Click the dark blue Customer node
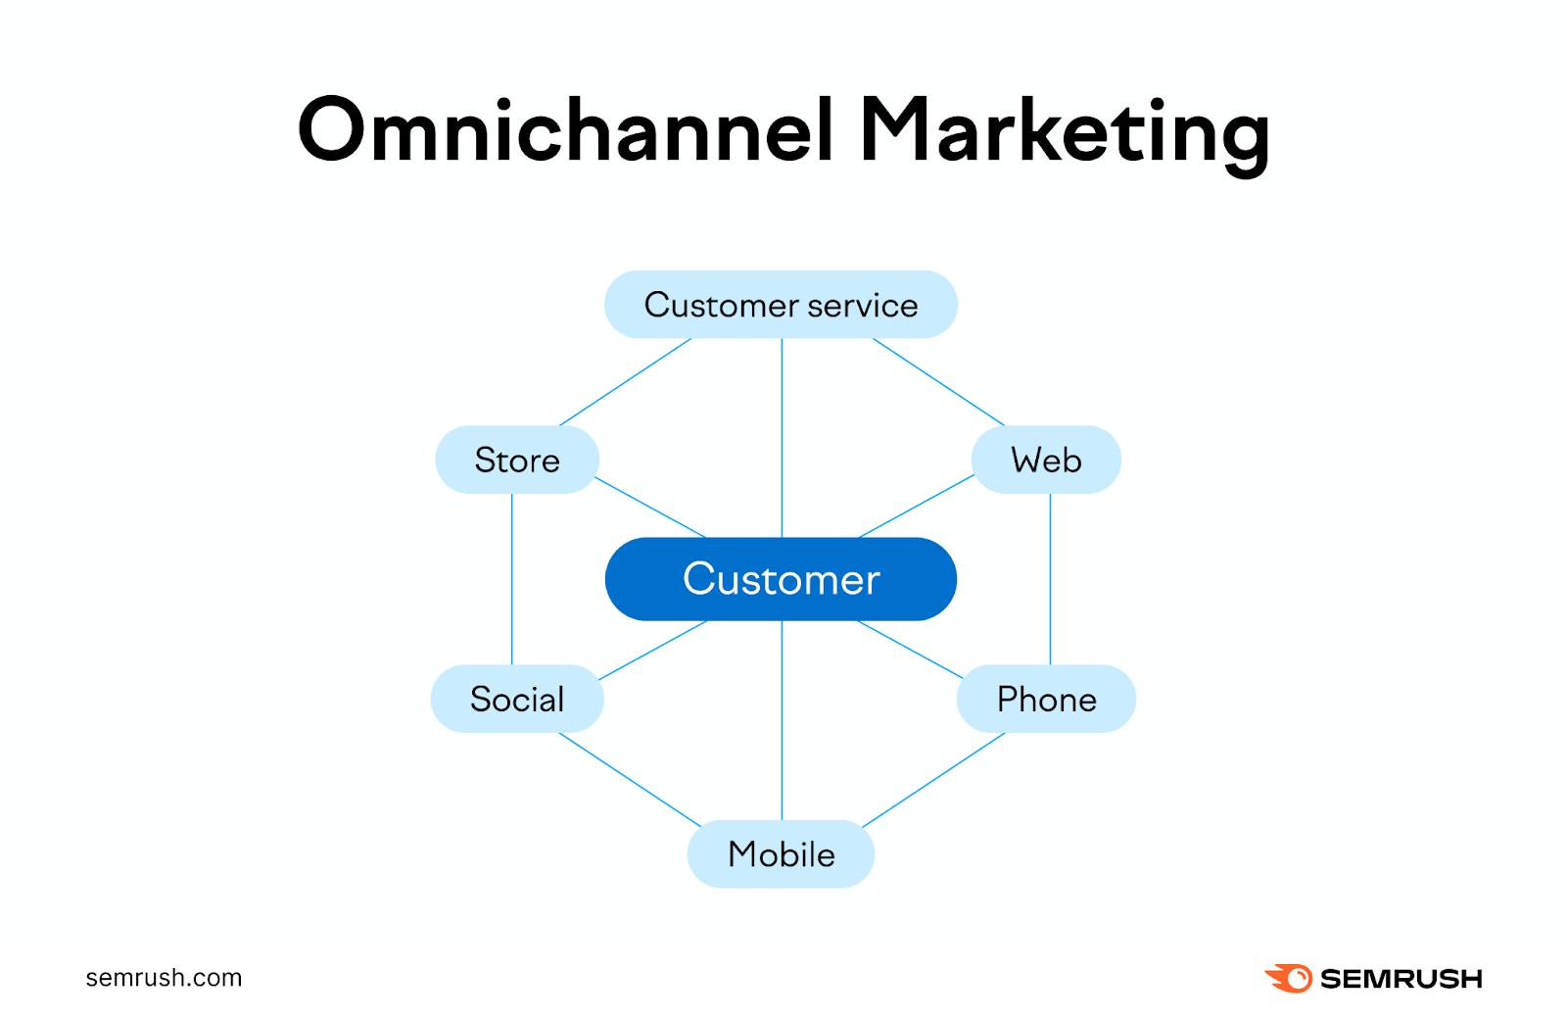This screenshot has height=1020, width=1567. (781, 579)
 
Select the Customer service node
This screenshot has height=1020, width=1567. (781, 305)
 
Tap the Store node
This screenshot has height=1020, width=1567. (516, 460)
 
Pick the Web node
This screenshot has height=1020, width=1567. (1046, 460)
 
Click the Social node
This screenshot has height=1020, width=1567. (516, 699)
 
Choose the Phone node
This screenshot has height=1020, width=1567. (1046, 699)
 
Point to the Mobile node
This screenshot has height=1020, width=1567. (781, 854)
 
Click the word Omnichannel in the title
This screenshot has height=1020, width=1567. (566, 130)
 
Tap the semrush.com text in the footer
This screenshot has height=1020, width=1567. (164, 978)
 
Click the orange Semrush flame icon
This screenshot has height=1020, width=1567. (1289, 978)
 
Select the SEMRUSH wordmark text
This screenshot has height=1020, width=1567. (1401, 979)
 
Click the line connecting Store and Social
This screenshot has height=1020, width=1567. (511, 578)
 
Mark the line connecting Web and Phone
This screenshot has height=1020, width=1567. (1050, 578)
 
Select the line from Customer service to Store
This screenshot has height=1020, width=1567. (625, 382)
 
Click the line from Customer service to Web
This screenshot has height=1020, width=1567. (938, 382)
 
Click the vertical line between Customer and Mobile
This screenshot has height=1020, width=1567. (782, 720)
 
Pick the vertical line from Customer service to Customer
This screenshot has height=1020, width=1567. (782, 438)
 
